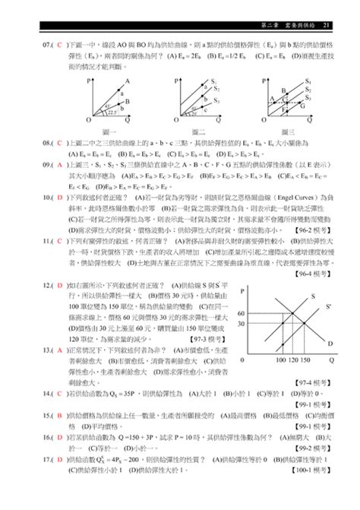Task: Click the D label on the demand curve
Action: (329, 344)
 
